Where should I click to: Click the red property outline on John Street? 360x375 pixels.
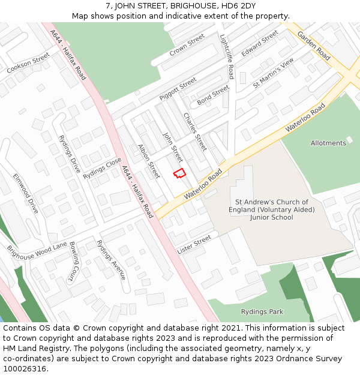[x=179, y=173]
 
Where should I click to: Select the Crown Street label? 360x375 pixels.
[x=187, y=44]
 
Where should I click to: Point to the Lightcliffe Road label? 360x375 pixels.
[x=226, y=56]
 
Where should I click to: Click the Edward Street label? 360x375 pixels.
[x=260, y=44]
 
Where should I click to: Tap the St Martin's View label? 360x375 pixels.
[x=273, y=73]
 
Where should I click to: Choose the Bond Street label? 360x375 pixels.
[x=213, y=94]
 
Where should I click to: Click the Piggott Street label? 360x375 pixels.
[x=178, y=88]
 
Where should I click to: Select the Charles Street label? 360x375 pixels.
[x=195, y=131]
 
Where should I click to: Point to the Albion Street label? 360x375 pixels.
[x=149, y=161]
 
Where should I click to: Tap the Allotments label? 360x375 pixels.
[x=328, y=143]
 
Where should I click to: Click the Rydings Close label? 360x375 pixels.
[x=102, y=168]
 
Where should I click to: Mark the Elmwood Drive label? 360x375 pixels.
[x=26, y=193]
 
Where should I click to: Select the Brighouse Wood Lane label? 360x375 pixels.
[x=37, y=250]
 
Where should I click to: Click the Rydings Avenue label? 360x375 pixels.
[x=112, y=259]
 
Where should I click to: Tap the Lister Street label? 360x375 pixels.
[x=194, y=244]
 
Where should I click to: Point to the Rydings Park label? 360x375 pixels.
[x=262, y=312]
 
